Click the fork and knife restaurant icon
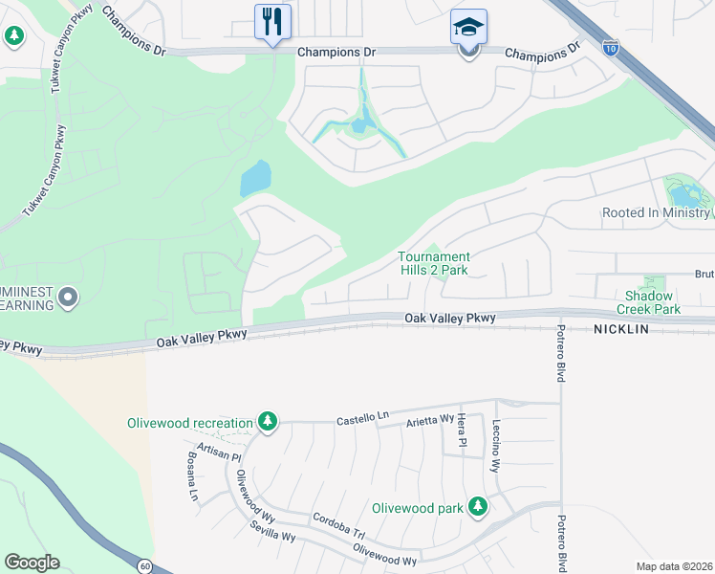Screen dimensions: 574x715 coord(272,21)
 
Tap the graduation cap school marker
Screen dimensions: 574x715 coord(468,28)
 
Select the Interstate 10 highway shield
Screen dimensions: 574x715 coord(611,47)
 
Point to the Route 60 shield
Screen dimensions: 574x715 coord(143,565)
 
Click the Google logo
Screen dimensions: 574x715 coord(32,563)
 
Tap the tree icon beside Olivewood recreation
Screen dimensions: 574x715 coord(270,422)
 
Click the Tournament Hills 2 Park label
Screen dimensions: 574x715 coord(434,263)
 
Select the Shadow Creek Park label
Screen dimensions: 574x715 coord(653,302)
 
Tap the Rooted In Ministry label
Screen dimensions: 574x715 coord(657,212)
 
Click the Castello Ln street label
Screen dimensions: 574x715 coord(363,419)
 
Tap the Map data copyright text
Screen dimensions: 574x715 coord(673,566)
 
